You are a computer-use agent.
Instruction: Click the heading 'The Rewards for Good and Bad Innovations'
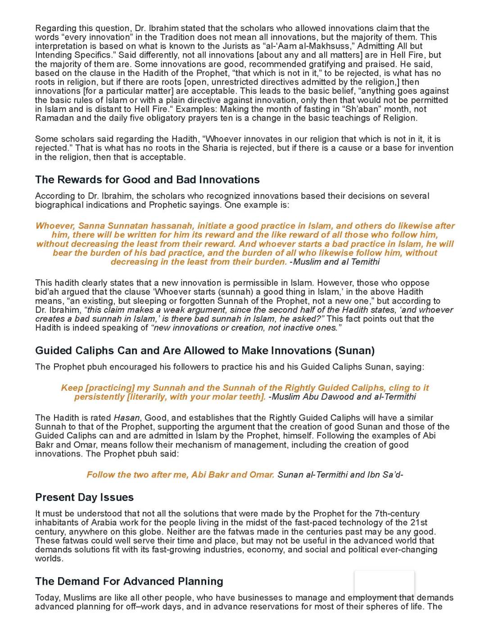point(147,180)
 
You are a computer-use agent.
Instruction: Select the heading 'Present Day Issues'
point(84,497)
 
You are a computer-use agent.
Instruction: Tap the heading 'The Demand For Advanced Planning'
point(129,581)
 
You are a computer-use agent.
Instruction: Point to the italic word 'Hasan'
point(127,418)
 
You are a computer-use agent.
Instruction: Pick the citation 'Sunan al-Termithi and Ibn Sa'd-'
point(340,474)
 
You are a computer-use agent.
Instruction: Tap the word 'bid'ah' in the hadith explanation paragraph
point(47,292)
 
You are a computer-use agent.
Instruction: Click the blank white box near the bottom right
point(384,583)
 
